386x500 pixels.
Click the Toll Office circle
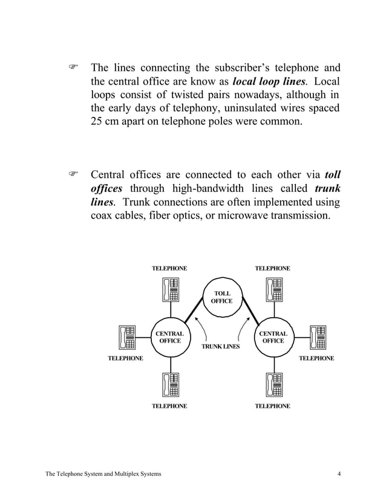tap(221, 297)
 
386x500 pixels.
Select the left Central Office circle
tap(169, 337)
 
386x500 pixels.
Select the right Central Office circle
tap(273, 337)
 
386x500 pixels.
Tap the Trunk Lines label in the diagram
tap(220, 347)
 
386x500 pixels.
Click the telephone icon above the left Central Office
tap(170, 289)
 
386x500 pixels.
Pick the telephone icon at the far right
tap(316, 337)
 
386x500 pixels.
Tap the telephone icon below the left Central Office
tap(170, 385)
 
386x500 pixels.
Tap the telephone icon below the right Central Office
tap(273, 385)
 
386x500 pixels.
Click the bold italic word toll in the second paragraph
tap(332, 176)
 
